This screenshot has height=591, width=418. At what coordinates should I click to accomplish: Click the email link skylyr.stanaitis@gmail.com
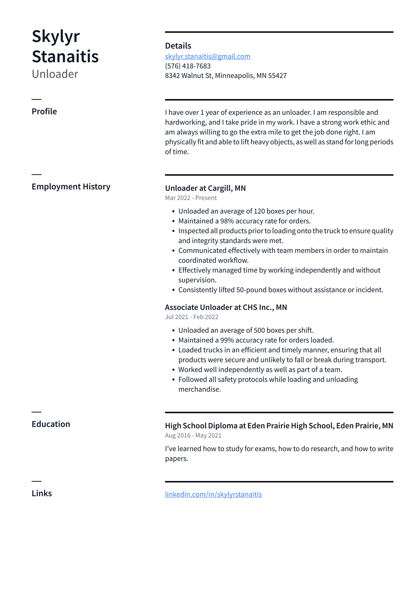click(207, 56)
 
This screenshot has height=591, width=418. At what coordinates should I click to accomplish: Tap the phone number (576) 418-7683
click(188, 66)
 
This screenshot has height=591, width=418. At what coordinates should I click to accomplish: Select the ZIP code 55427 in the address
click(277, 76)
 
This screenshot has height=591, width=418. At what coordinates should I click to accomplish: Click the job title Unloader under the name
click(55, 74)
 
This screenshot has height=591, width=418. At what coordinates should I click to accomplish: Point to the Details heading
click(178, 46)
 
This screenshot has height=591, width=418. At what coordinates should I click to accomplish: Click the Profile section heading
click(44, 111)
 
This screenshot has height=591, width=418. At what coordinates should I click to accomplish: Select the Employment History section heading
click(71, 187)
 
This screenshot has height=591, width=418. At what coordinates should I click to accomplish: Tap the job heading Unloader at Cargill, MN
click(205, 188)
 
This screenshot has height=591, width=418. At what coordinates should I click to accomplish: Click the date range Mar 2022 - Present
click(191, 198)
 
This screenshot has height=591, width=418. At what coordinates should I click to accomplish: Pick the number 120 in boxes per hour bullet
click(259, 211)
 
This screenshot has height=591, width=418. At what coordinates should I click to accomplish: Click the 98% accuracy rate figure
click(227, 221)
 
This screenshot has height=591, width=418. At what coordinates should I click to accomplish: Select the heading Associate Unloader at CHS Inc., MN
click(226, 307)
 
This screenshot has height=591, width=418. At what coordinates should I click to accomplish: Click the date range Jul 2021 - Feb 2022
click(192, 317)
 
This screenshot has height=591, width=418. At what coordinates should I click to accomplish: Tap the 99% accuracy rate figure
click(227, 340)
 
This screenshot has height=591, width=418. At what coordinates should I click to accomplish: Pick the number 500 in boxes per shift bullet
click(259, 330)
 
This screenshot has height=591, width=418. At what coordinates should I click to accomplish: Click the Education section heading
click(51, 424)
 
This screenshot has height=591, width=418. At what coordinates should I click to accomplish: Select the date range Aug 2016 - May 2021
click(193, 435)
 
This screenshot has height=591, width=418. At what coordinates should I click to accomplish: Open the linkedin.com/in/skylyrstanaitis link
click(213, 494)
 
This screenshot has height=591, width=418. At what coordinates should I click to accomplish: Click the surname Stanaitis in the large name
click(65, 57)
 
